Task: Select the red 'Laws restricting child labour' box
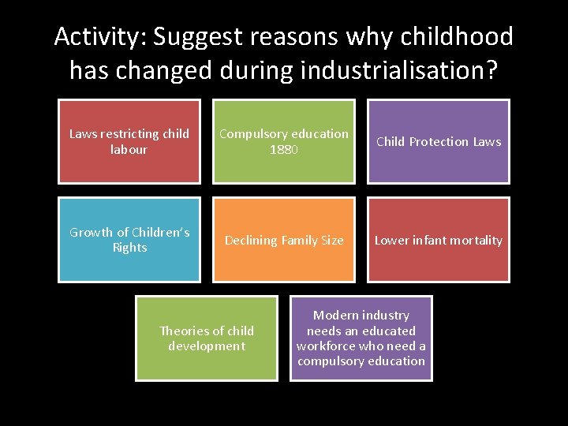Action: (x=129, y=141)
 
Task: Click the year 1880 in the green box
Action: (x=284, y=150)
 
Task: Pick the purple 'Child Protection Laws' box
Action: (x=439, y=141)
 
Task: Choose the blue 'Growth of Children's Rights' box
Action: (x=129, y=240)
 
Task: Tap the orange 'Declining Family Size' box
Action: (x=284, y=240)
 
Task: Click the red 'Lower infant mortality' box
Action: (x=439, y=240)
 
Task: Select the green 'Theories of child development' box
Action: (x=207, y=338)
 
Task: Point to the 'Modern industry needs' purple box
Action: (x=361, y=338)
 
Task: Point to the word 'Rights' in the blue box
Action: (x=129, y=248)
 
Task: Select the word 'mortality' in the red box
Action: (x=474, y=241)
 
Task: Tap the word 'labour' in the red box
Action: (x=129, y=150)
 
